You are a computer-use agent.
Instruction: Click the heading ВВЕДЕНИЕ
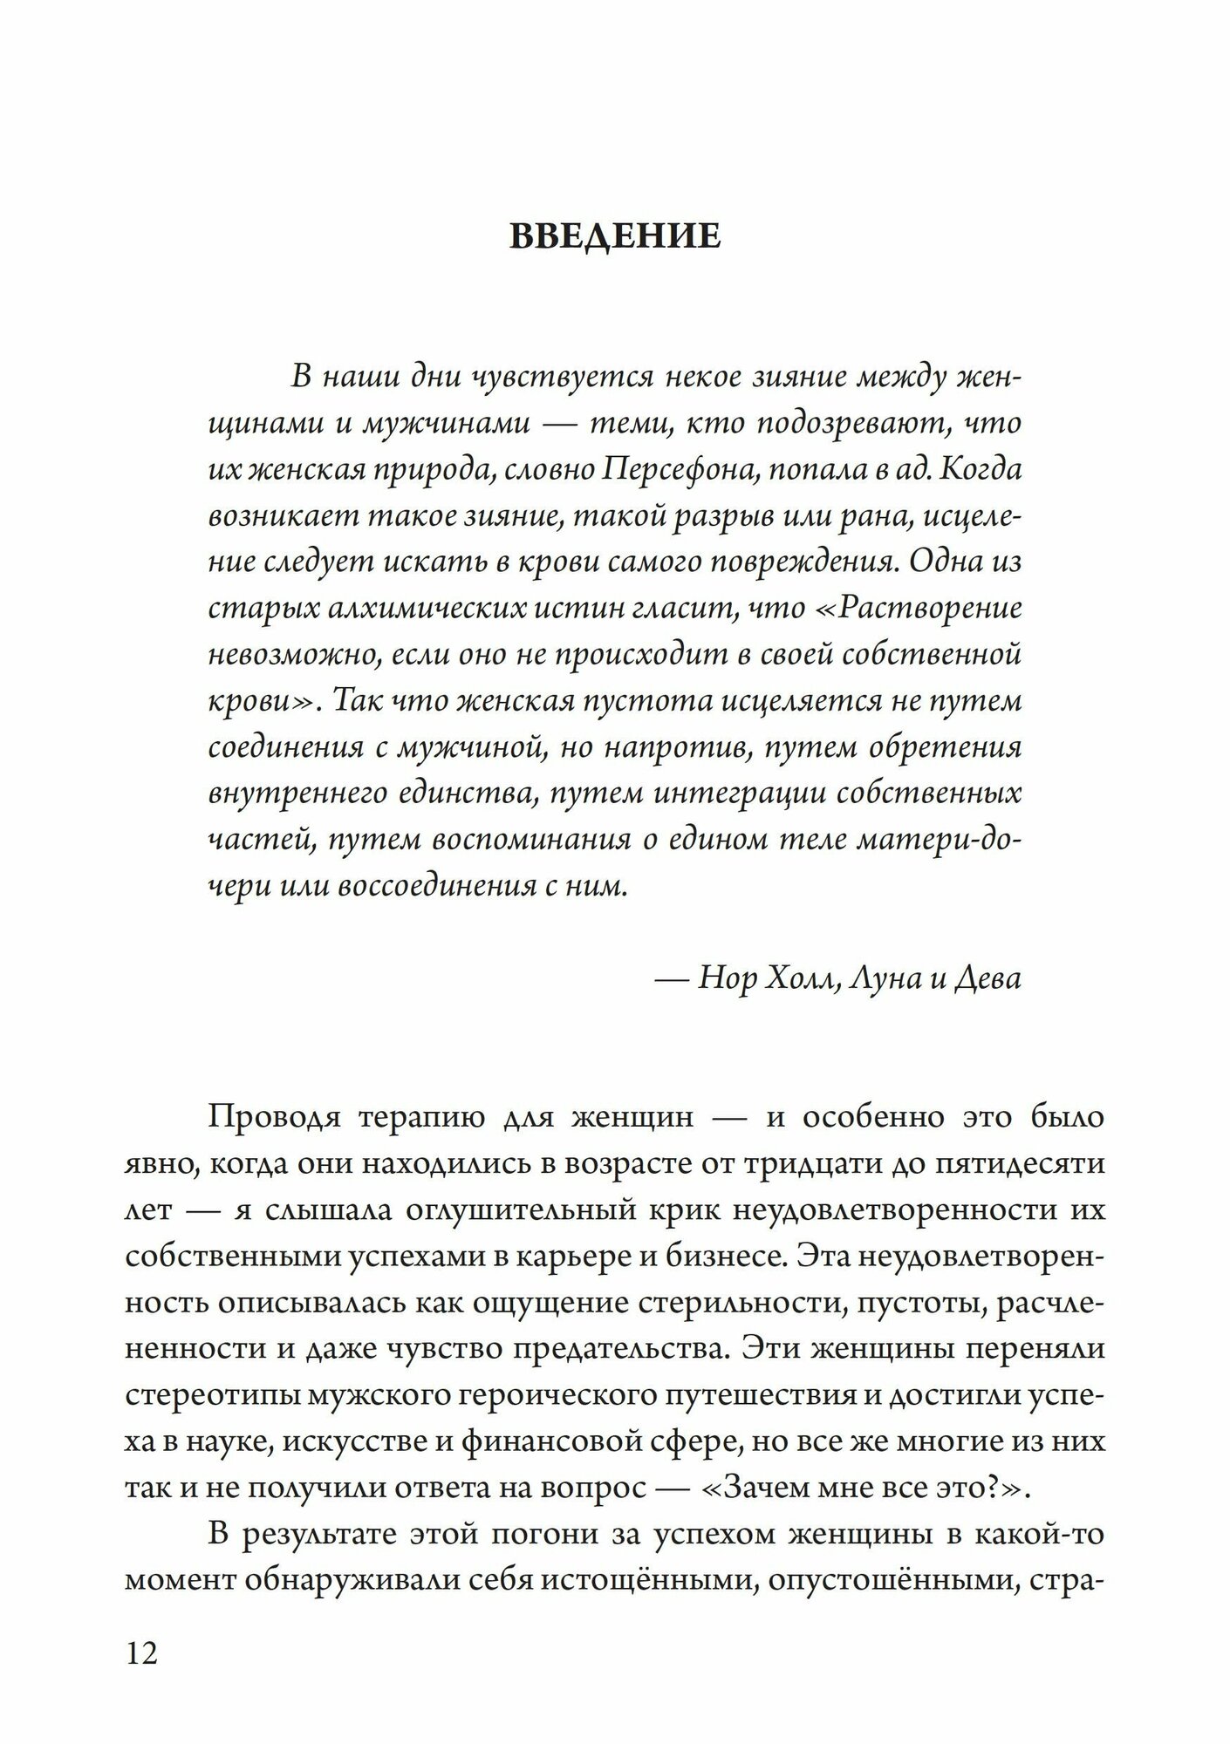coord(615,236)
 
